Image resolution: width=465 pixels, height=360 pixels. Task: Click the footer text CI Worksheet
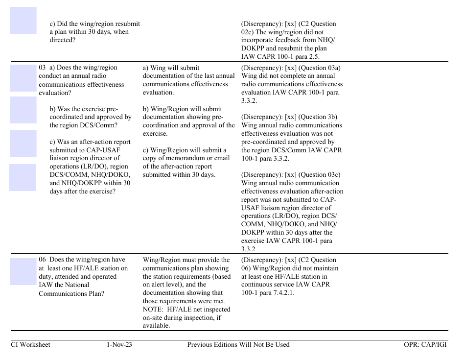click(30, 345)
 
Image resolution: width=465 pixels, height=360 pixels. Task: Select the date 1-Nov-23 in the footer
click(119, 345)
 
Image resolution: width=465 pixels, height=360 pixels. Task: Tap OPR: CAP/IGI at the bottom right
click(422, 345)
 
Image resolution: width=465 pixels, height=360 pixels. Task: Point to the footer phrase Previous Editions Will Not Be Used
click(238, 345)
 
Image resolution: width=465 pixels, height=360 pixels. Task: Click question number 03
click(43, 68)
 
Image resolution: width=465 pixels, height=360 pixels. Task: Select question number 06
click(43, 260)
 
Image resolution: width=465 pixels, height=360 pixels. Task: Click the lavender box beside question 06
click(23, 271)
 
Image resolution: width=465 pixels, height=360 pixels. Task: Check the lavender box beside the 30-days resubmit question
click(23, 20)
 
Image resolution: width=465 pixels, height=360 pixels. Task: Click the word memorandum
click(186, 158)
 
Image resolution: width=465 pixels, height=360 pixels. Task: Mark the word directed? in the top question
click(63, 40)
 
